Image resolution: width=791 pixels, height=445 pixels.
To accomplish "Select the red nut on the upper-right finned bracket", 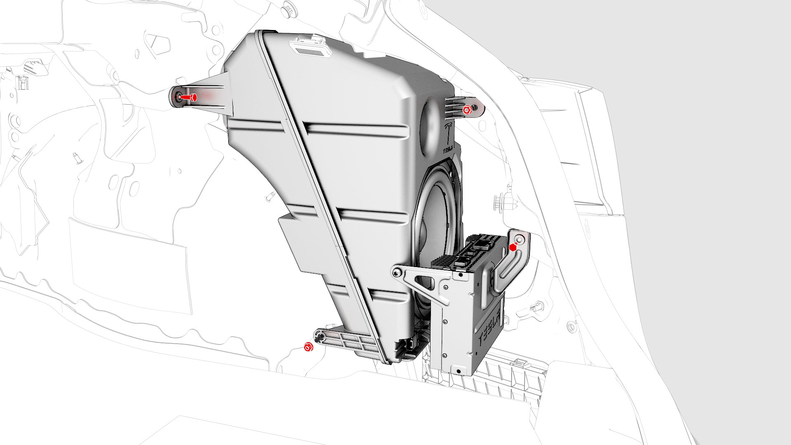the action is [467, 110].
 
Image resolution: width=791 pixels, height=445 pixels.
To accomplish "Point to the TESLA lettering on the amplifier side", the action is [492, 326].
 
